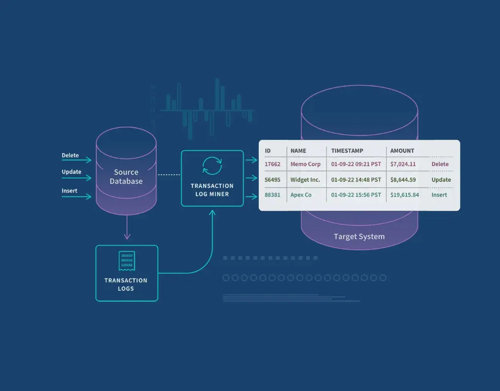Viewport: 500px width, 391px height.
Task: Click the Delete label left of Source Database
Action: (x=70, y=155)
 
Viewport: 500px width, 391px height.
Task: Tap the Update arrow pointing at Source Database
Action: (x=77, y=178)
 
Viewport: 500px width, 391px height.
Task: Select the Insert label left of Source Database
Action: (x=69, y=191)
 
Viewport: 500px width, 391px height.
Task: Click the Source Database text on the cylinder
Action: (x=126, y=176)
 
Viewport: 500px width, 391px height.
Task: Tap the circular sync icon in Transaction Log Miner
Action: (x=212, y=166)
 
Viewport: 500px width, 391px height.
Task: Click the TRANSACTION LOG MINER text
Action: (x=212, y=190)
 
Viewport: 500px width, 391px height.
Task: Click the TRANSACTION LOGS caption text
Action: (x=126, y=284)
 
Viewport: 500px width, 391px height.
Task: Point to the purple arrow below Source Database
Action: (x=127, y=229)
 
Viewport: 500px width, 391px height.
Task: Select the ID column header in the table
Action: (x=268, y=151)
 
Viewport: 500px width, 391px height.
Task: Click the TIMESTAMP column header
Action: (x=347, y=151)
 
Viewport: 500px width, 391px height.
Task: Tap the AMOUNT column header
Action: (x=402, y=151)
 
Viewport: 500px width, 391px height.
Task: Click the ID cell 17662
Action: (x=272, y=164)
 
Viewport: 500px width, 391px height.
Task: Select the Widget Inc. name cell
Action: (x=305, y=179)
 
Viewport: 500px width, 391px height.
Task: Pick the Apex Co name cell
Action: (x=301, y=195)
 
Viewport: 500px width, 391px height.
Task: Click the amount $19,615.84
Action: (x=404, y=195)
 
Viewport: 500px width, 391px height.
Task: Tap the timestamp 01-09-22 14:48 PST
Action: (x=356, y=179)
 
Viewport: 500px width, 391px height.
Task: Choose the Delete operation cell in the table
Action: (x=440, y=164)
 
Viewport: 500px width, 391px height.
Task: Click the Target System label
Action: (x=359, y=237)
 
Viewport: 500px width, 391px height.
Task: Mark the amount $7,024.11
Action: (x=403, y=164)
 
